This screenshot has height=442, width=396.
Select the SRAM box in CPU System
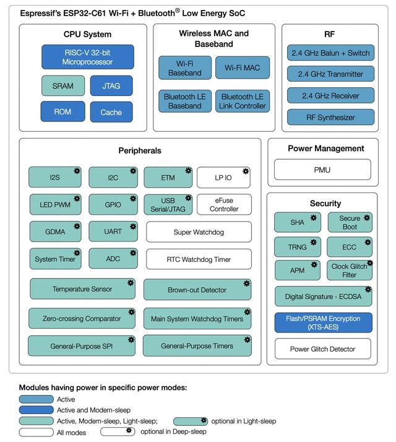click(62, 86)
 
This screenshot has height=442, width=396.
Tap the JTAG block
click(111, 86)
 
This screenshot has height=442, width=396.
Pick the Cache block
click(111, 112)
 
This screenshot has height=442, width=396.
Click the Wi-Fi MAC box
click(243, 67)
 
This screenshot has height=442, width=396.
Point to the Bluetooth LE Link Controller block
click(242, 102)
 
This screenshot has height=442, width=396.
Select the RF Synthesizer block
click(330, 117)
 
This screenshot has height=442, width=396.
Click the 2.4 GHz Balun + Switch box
click(330, 53)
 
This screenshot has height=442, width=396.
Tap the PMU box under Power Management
click(322, 169)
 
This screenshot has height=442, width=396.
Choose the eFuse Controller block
click(224, 204)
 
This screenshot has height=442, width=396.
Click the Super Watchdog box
click(199, 232)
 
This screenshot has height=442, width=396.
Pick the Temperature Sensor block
click(82, 289)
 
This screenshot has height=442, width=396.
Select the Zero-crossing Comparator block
click(82, 319)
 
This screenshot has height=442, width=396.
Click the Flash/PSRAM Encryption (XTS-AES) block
click(323, 323)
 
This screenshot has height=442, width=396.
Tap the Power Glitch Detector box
click(323, 349)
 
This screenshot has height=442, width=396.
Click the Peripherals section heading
click(140, 150)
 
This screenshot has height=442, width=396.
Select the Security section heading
click(325, 203)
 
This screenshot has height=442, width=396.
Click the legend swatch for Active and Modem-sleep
click(36, 410)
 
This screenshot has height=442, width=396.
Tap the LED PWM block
click(55, 205)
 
